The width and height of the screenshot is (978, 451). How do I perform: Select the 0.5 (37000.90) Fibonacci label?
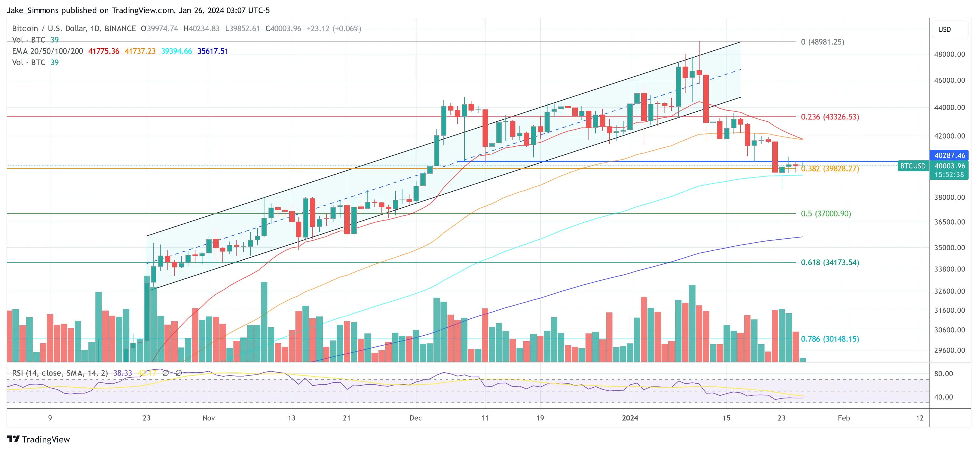point(825,214)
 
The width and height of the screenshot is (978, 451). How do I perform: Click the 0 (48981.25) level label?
point(822,42)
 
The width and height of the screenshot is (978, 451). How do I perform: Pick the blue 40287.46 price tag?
point(949,155)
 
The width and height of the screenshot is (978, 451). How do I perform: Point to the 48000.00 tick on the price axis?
point(949,54)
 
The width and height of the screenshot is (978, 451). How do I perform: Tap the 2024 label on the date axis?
point(630,418)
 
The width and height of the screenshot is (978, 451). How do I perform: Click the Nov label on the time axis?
point(208,418)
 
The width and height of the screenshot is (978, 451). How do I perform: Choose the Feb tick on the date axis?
point(843,418)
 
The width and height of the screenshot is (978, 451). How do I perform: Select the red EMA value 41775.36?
point(104,51)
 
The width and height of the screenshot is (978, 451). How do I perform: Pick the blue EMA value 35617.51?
point(213,51)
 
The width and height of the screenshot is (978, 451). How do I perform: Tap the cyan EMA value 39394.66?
point(177,51)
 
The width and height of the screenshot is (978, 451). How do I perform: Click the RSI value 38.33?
point(123,373)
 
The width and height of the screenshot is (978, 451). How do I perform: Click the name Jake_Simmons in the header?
point(33,10)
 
